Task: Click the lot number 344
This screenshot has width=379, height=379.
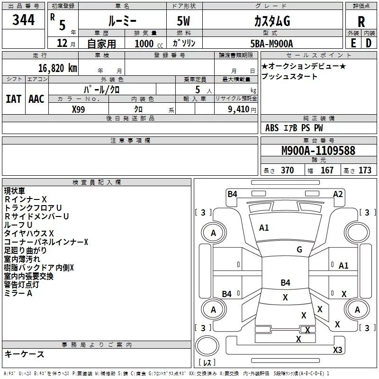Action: point(23,20)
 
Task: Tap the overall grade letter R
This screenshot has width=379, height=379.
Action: point(361,22)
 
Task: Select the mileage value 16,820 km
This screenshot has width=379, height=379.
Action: point(58,68)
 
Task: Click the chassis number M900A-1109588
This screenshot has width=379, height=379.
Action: point(318,150)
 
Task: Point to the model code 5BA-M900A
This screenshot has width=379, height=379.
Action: point(271,44)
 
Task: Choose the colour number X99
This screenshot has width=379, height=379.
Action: point(78,109)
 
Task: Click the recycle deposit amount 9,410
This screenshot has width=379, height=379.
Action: point(239,109)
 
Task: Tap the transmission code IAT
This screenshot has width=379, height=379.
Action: point(13,99)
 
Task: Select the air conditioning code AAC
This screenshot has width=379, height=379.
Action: point(36,99)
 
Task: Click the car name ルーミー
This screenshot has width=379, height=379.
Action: point(122,21)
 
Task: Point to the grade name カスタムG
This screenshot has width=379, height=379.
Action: point(272,21)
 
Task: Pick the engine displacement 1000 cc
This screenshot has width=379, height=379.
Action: point(149,44)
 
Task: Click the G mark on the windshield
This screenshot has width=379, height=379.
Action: point(299,250)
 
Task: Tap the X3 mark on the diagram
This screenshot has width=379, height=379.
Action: point(337,350)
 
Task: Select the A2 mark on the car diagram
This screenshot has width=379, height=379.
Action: point(338,194)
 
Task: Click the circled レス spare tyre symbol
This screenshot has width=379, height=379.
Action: point(207,346)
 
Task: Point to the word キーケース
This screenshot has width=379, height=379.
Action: point(24,354)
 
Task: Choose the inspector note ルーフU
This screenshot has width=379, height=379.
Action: point(18,225)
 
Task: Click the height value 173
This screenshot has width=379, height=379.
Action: point(365,171)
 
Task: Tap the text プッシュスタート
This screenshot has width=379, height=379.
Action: point(289,76)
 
